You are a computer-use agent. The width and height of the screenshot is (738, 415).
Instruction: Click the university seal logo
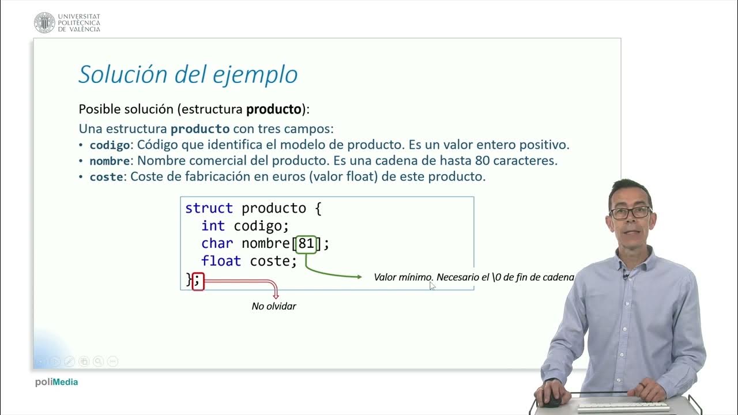44,22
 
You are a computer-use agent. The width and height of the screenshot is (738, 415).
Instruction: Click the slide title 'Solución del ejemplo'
188,74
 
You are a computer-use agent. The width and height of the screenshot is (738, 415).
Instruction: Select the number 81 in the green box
306,244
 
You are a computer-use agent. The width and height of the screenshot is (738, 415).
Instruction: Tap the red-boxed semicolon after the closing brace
198,281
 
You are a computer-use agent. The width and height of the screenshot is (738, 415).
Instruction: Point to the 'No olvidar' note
274,306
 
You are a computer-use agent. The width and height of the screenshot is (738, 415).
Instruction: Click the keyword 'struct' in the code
209,208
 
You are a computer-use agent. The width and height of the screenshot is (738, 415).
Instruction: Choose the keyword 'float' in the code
221,261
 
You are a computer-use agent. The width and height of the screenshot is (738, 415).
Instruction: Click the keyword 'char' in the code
217,244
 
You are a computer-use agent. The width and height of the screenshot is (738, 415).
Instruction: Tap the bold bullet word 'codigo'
109,145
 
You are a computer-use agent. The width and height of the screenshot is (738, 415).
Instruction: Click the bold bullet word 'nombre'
110,161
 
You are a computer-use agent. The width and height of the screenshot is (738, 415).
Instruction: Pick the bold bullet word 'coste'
106,177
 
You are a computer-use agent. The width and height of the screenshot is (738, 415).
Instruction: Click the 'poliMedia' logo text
56,382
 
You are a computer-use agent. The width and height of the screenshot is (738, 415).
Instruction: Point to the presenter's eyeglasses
630,212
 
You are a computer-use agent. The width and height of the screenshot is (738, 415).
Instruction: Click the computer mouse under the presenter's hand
551,401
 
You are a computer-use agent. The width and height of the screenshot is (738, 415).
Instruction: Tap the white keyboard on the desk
623,406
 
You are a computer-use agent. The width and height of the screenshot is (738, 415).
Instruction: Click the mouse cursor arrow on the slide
432,285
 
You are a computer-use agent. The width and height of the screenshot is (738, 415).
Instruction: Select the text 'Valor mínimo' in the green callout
402,277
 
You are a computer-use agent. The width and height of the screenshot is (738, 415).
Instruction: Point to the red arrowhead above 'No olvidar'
276,295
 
